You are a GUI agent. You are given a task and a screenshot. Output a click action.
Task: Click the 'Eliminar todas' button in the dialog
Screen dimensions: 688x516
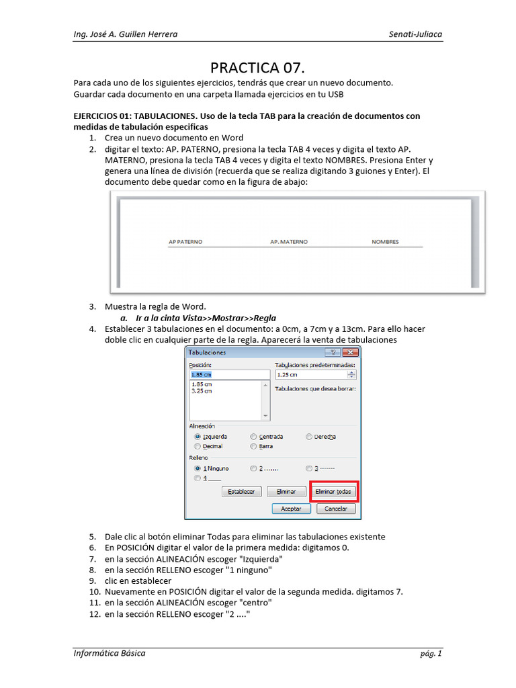pos(333,492)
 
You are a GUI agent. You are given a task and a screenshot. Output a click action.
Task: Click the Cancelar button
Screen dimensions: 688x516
pos(336,509)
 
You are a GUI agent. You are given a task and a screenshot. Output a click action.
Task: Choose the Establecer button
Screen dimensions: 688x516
pos(241,492)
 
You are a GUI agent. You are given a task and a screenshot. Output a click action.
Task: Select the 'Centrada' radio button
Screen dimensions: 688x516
pos(253,437)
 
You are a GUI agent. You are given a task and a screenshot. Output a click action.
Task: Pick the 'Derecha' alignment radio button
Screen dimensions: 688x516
pos(309,437)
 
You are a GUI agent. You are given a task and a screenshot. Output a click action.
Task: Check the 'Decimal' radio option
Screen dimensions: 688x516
pos(197,446)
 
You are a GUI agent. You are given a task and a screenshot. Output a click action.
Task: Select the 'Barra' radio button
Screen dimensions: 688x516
pos(253,446)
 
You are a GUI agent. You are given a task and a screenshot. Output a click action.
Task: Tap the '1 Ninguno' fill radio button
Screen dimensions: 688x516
pos(197,468)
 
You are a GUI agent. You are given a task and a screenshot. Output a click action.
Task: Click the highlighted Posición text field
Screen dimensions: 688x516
pos(228,375)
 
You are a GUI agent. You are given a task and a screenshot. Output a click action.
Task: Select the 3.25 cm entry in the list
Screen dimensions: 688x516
pos(202,391)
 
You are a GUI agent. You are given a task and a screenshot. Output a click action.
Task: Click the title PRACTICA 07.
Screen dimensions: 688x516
pos(257,68)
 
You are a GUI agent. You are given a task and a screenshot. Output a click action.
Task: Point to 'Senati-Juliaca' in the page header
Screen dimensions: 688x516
pos(415,34)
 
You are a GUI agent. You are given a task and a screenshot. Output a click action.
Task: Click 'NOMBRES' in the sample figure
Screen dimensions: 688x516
pos(385,242)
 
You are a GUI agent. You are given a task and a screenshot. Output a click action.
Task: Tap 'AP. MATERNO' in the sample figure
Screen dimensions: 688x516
pos(289,242)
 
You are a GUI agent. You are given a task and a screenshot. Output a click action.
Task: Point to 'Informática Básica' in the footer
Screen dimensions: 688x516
pos(109,653)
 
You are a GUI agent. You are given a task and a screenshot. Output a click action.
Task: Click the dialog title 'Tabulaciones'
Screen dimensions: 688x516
pos(208,352)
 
